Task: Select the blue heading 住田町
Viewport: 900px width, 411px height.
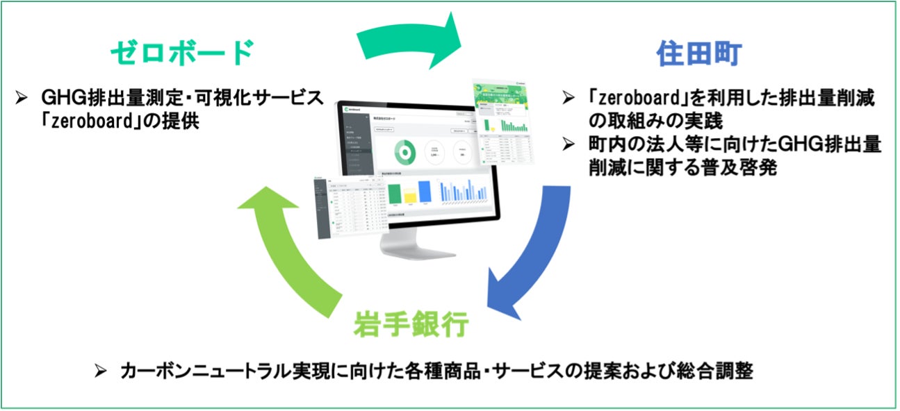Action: pyautogui.click(x=700, y=53)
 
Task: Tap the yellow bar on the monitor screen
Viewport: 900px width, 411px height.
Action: pyautogui.click(x=409, y=194)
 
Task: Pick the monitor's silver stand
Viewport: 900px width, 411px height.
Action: pyautogui.click(x=417, y=243)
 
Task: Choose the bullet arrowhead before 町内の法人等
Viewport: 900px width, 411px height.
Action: pyautogui.click(x=568, y=145)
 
